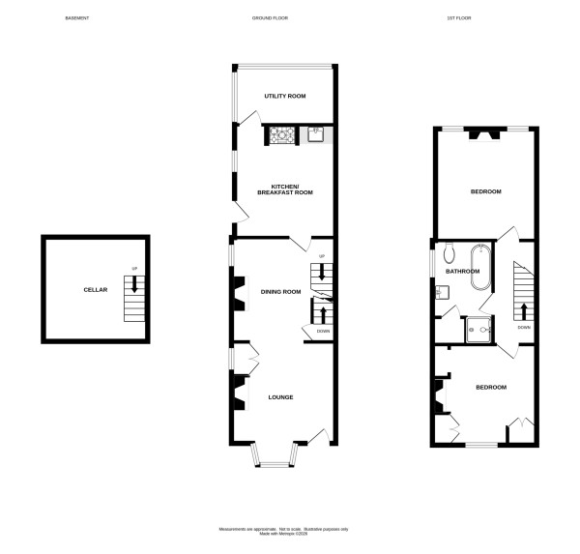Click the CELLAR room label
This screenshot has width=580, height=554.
95,289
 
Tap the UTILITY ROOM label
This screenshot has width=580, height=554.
285,97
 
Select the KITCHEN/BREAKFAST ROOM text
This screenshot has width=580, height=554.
285,190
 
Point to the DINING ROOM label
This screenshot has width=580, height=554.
281,291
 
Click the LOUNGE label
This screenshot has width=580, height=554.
280,397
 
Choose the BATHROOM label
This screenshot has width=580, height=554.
462,272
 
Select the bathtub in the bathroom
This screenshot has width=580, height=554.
479,271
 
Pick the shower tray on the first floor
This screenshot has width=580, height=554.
478,330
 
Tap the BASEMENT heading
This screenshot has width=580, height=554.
77,18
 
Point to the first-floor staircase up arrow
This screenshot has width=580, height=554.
523,311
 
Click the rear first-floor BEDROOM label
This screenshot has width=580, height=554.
485,191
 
